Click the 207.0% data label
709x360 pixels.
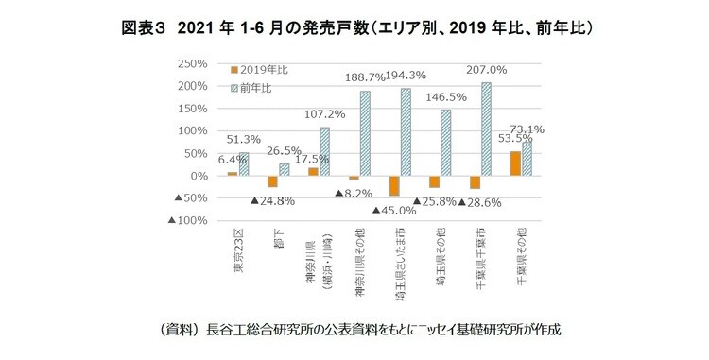coord(487,69)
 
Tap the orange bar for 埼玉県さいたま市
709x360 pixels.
coord(393,185)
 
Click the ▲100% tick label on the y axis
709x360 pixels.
coord(187,221)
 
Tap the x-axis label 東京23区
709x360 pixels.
coord(238,249)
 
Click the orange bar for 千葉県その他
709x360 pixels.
coord(515,163)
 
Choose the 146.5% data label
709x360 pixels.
coord(445,96)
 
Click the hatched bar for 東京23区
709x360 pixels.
coord(244,164)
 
